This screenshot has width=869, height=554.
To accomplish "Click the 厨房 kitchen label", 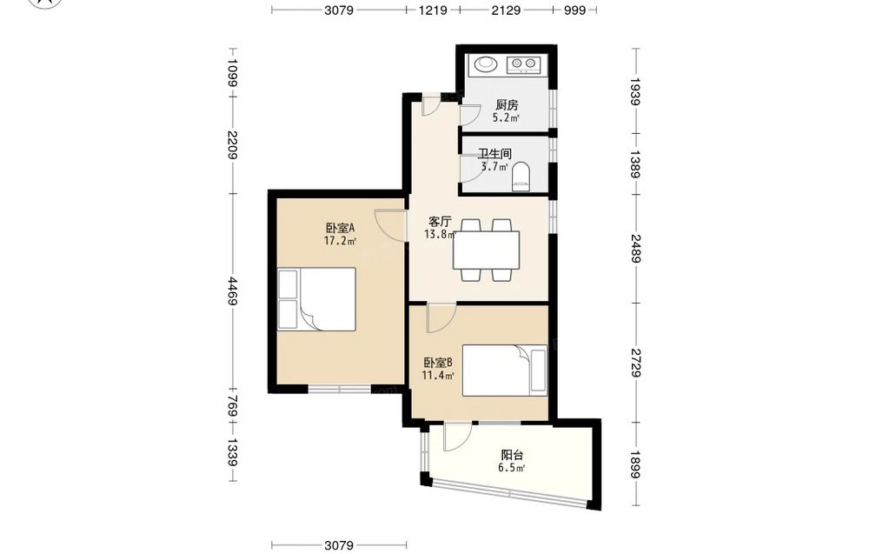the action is pyautogui.click(x=507, y=105).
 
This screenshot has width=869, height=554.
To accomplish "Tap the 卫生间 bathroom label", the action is pyautogui.click(x=494, y=154).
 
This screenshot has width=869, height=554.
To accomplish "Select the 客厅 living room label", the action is pyautogui.click(x=440, y=222).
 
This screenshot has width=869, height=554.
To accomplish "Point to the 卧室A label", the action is pyautogui.click(x=340, y=228).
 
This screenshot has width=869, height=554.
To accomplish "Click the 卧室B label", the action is pyautogui.click(x=438, y=363).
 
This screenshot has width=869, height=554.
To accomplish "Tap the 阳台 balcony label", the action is pyautogui.click(x=512, y=456).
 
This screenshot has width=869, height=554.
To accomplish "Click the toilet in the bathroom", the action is pyautogui.click(x=521, y=176).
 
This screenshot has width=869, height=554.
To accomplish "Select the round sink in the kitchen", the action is pyautogui.click(x=487, y=64).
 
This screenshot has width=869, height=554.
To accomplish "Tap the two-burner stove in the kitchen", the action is pyautogui.click(x=523, y=64).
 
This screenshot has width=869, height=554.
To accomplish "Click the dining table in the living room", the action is pyautogui.click(x=486, y=250).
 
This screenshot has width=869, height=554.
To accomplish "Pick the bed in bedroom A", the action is pyautogui.click(x=316, y=299).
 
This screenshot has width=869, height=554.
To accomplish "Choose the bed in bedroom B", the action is pyautogui.click(x=505, y=370).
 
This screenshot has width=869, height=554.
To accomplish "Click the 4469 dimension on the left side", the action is pyautogui.click(x=233, y=291).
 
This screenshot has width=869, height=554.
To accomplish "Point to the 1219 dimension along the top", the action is pyautogui.click(x=433, y=10).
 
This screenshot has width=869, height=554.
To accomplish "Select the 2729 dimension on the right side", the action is pyautogui.click(x=636, y=363).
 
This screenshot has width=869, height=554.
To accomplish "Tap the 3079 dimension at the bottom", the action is pyautogui.click(x=339, y=545).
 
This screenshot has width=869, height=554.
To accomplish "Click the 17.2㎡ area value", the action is pyautogui.click(x=340, y=241).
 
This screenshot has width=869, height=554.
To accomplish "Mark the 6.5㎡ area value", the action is pyautogui.click(x=511, y=468).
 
